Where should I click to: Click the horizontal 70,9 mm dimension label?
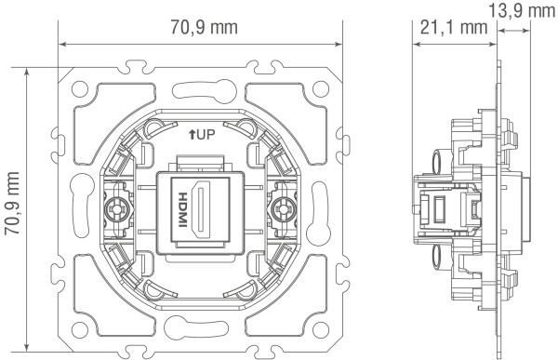point(204,27)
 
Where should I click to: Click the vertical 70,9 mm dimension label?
point(12,204)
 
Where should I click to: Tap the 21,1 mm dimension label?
point(454,27)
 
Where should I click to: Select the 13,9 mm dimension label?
point(521,10)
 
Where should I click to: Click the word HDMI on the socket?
point(182,209)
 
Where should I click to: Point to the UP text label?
point(206,135)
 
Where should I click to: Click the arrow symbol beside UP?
point(192,135)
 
